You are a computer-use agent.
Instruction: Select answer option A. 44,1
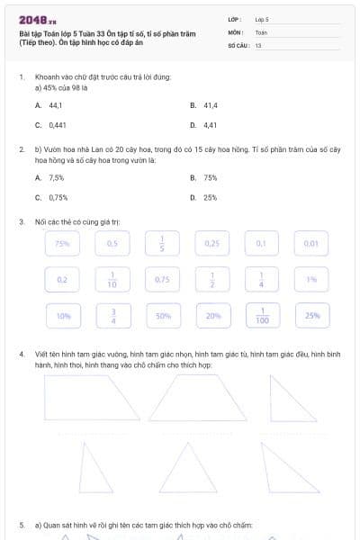(x=42, y=105)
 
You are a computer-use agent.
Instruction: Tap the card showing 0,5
(x=112, y=244)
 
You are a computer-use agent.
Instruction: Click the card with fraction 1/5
(x=162, y=244)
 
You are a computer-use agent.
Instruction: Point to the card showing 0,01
(x=311, y=244)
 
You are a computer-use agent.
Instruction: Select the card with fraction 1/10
(x=112, y=280)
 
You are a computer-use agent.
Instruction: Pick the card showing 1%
(x=311, y=280)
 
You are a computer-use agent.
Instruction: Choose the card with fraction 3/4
(x=112, y=316)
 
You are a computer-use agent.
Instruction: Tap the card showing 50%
(x=163, y=316)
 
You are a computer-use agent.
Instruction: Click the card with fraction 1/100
(x=261, y=316)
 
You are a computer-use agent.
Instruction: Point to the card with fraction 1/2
(x=212, y=280)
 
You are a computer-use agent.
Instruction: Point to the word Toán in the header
(x=261, y=31)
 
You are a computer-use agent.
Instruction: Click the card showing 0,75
(x=162, y=280)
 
